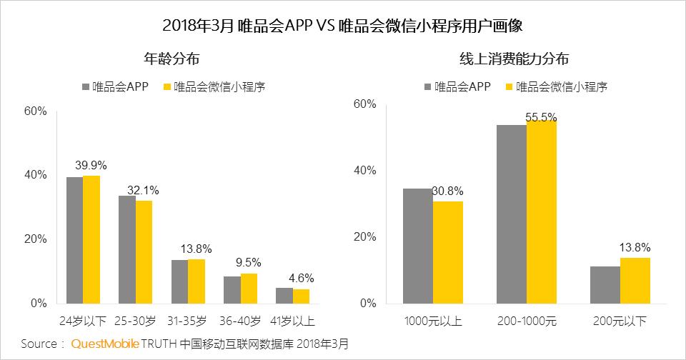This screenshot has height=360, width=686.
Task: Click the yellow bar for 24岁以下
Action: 91,239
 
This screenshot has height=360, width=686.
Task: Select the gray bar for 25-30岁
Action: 126,249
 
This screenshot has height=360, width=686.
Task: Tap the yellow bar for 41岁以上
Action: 301,296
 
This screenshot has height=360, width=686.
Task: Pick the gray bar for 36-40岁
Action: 232,289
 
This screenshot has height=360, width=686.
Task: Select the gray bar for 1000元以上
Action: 418,246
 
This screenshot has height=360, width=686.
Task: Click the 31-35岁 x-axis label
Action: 188,319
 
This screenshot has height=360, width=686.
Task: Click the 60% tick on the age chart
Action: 35,111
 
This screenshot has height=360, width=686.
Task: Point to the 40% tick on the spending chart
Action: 365,171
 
